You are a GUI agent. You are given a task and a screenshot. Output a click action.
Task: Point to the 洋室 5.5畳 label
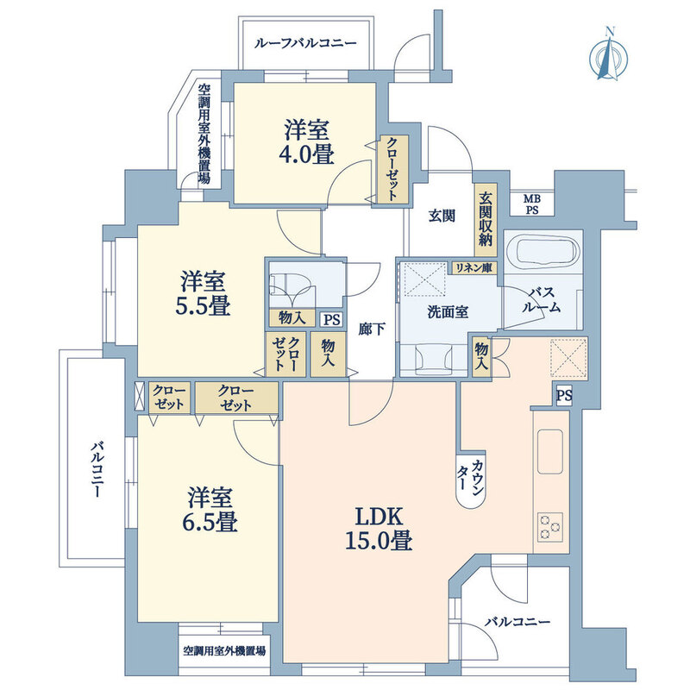click(x=204, y=293)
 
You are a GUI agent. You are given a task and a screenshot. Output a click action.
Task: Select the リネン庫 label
click(x=476, y=268)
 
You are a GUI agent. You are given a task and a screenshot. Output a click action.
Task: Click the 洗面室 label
click(x=448, y=311)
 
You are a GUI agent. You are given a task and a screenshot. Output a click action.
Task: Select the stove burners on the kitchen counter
click(x=549, y=524)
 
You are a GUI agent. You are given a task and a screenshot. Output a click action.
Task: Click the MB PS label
click(x=533, y=203)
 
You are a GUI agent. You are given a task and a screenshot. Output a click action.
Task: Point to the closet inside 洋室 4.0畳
click(x=391, y=169)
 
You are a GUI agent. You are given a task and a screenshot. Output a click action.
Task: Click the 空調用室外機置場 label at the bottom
click(x=223, y=651)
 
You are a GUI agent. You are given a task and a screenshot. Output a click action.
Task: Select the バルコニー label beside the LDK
click(x=516, y=621)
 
